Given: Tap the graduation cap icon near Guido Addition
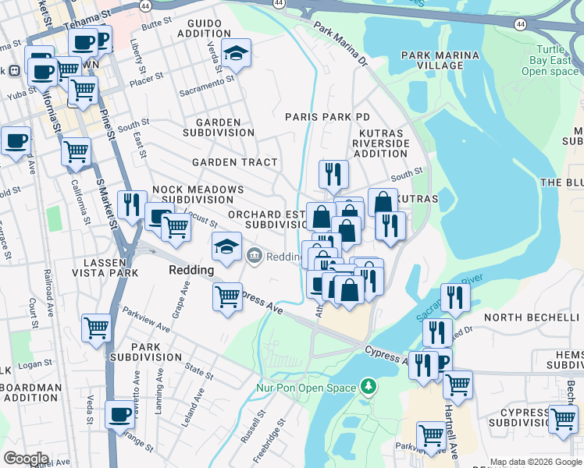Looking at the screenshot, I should click(x=234, y=54).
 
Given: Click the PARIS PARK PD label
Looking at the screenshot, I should click(x=327, y=116).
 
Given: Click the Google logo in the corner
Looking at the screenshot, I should click(x=26, y=459).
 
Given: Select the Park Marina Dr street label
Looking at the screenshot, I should click(x=340, y=43).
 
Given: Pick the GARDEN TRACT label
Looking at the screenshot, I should click(x=235, y=162).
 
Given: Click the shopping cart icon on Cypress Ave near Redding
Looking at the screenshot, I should click(x=227, y=296).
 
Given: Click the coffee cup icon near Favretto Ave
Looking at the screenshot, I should click(x=120, y=414).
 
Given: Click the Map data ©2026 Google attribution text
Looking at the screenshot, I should click(x=536, y=462).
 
